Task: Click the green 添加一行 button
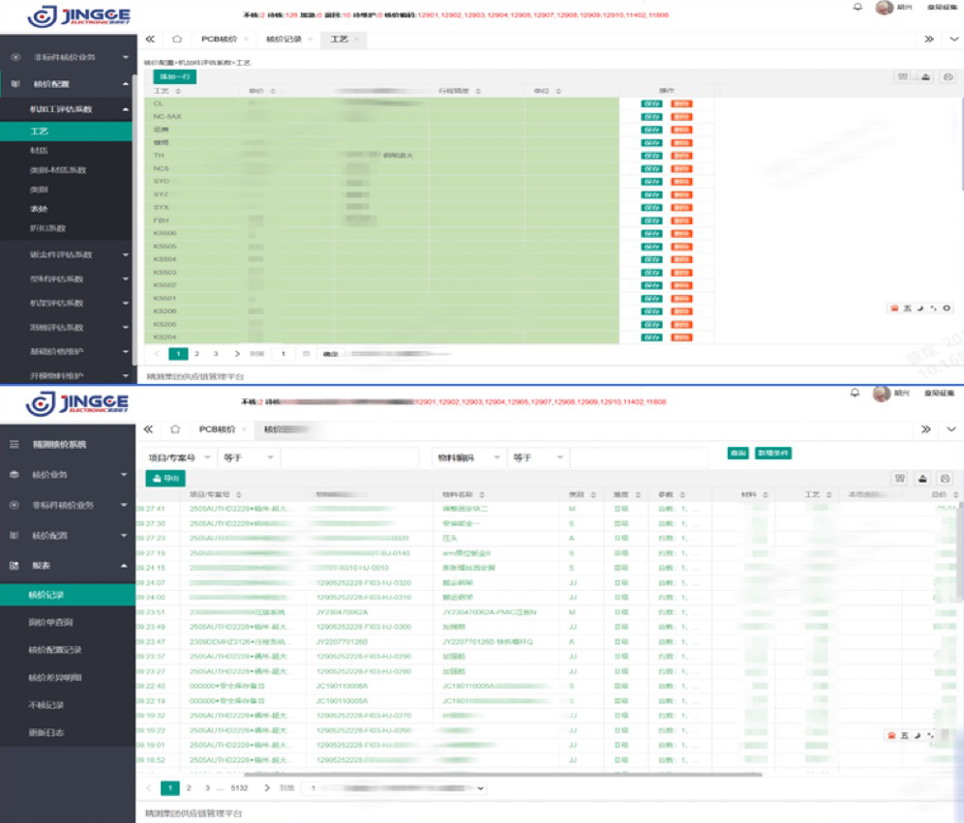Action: point(174,76)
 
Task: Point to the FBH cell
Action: point(161,220)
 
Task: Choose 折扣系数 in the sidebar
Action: point(47,228)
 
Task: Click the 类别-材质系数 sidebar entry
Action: point(58,170)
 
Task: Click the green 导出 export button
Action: point(166,478)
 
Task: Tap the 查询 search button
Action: point(738,453)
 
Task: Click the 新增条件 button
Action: point(773,453)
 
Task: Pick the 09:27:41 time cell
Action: point(153,508)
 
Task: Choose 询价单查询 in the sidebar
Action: point(50,622)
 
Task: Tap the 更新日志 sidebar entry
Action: point(46,733)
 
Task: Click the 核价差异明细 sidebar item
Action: point(54,678)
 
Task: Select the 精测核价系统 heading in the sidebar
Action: point(59,444)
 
